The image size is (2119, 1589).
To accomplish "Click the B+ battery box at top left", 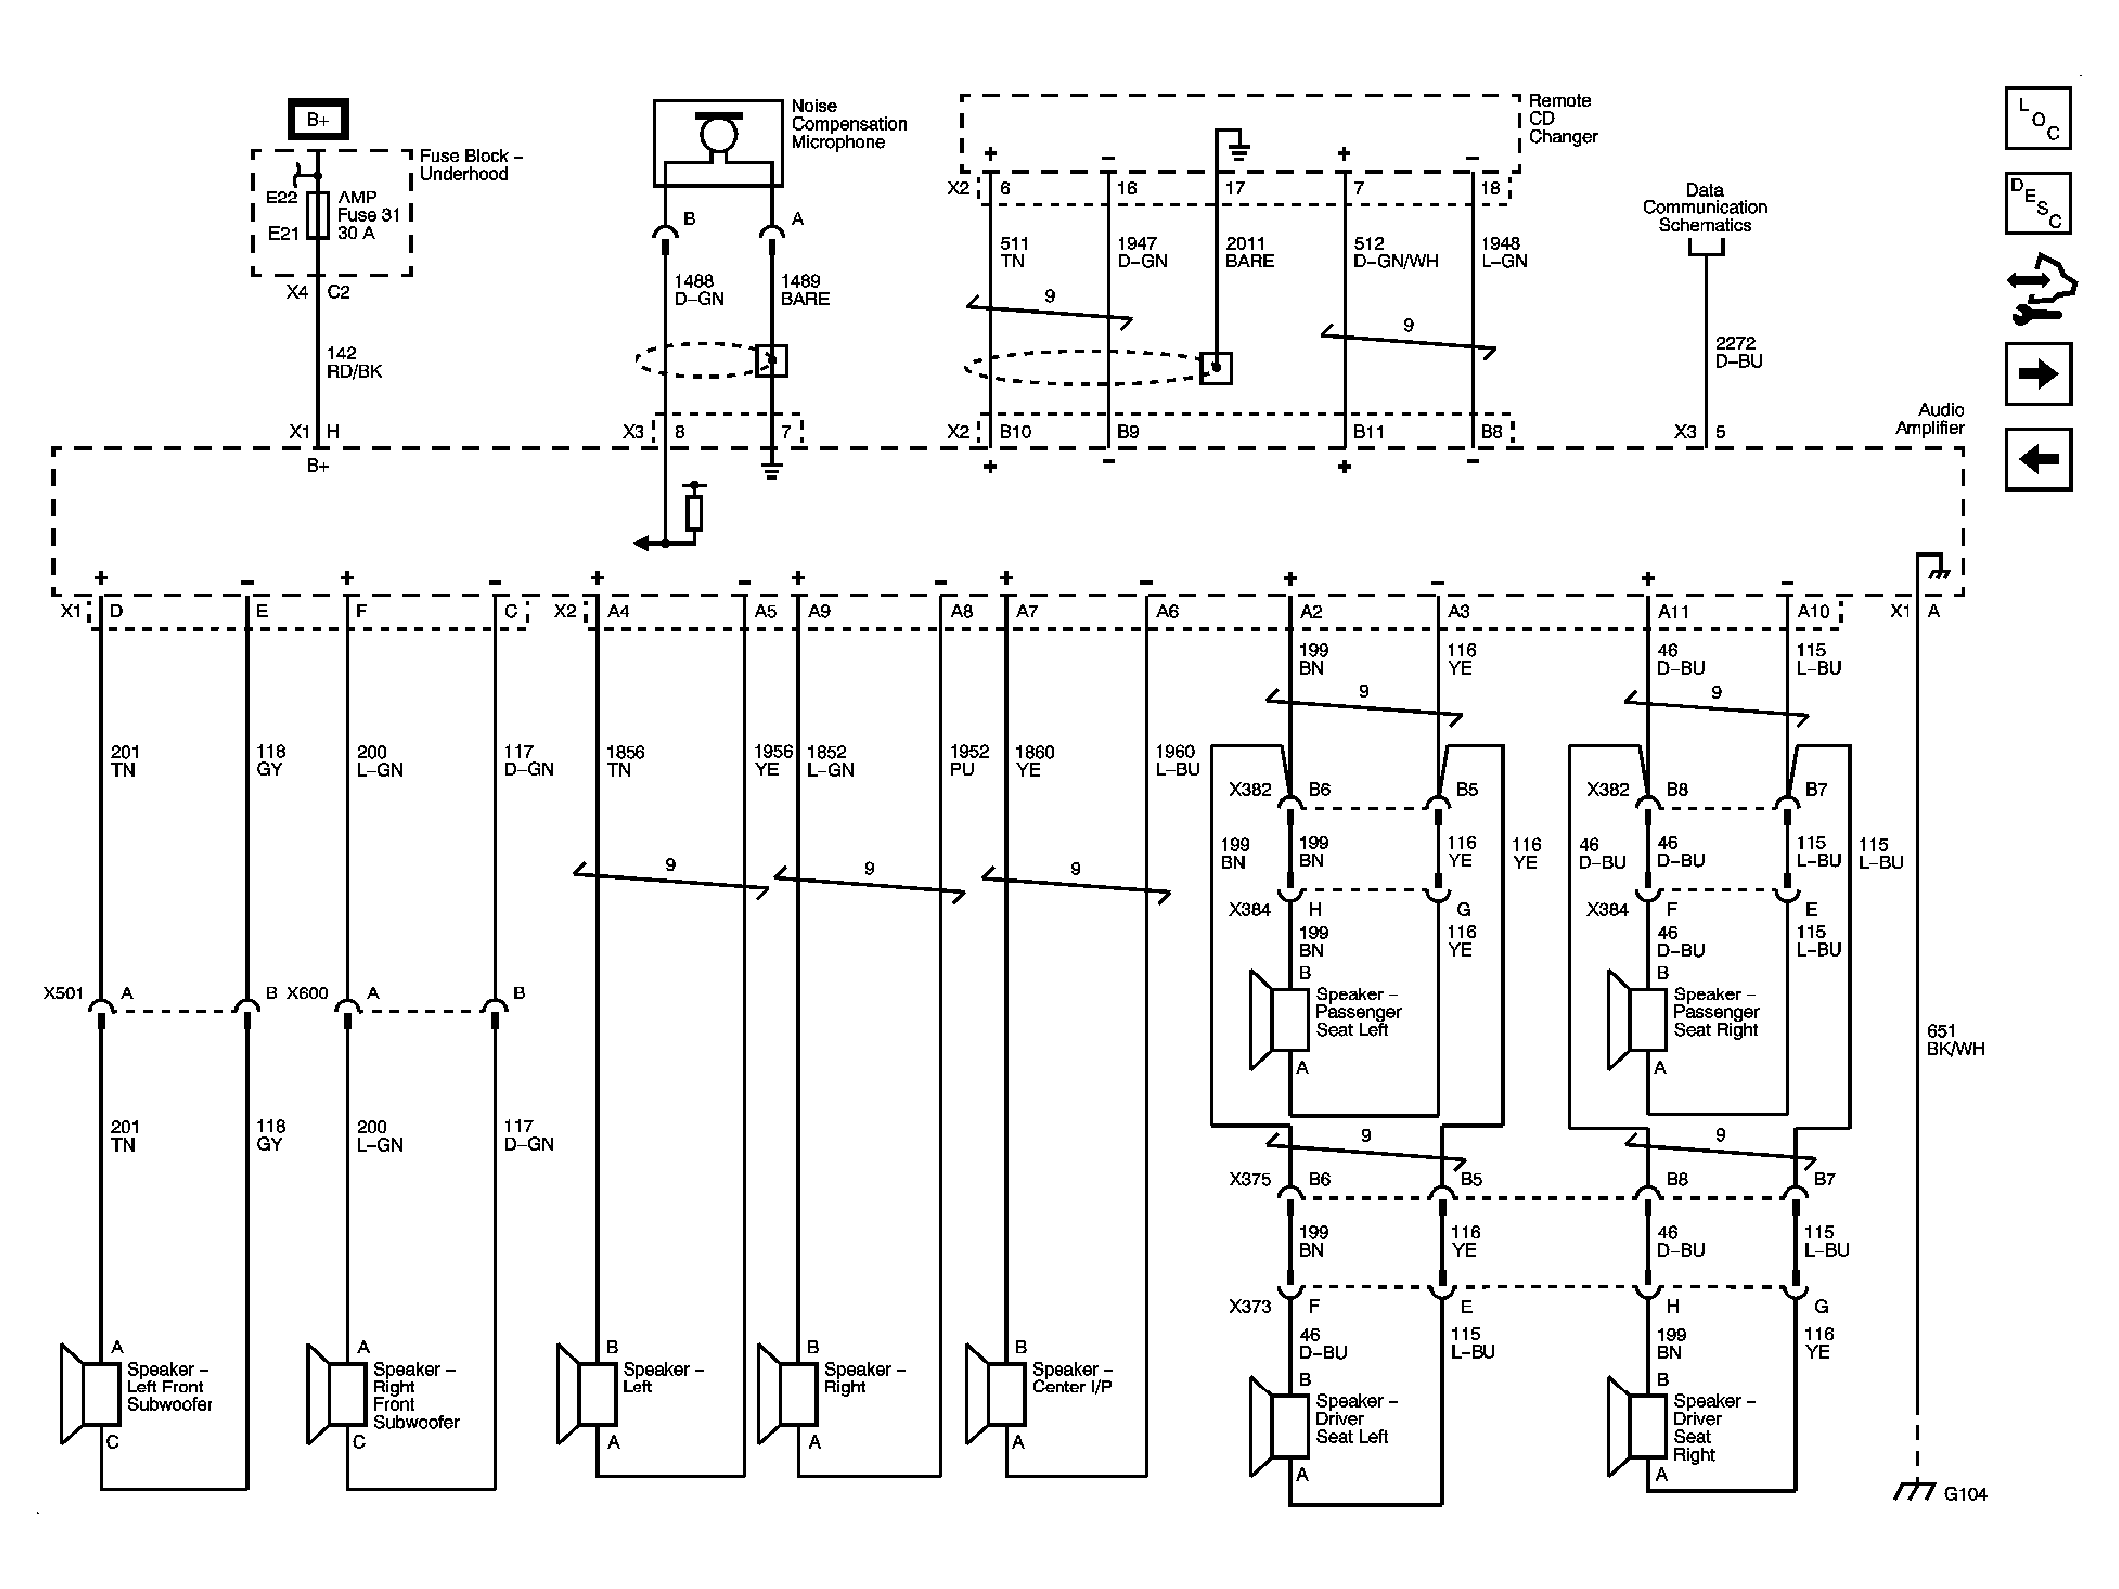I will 318,120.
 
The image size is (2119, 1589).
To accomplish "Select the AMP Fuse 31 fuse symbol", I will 318,214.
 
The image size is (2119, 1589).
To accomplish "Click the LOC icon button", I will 2037,118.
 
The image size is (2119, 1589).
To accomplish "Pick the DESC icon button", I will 2037,203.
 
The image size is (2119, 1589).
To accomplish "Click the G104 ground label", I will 1965,1522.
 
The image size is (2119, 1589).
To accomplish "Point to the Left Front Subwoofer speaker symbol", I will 90,1393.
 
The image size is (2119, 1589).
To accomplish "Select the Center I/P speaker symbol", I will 994,1393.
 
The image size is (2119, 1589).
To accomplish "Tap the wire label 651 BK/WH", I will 1955,1039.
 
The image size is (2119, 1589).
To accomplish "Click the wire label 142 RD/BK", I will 354,362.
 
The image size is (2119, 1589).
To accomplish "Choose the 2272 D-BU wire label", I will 1738,352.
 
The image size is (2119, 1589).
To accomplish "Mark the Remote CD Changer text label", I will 1562,119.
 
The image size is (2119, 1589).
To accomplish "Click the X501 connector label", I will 64,993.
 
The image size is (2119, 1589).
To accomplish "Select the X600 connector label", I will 307,993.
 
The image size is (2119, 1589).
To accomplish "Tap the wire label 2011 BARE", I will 1249,252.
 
